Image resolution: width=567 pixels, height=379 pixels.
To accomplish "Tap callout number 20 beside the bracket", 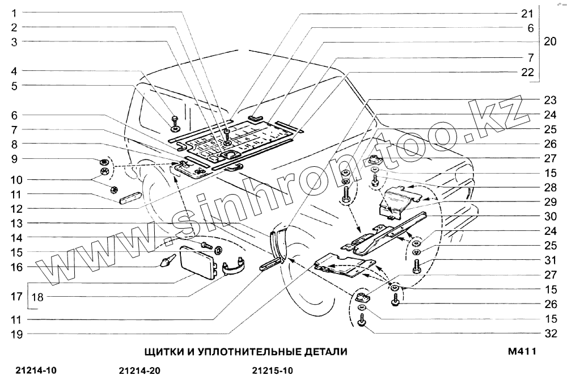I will pyautogui.click(x=550, y=42).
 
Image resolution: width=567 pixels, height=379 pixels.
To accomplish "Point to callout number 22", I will pyautogui.click(x=527, y=72).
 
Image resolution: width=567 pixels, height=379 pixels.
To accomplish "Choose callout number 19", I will pyautogui.click(x=16, y=334).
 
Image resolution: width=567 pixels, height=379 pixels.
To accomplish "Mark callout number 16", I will pyautogui.click(x=16, y=266).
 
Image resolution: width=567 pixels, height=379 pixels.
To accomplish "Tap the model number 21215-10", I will pyautogui.click(x=272, y=372).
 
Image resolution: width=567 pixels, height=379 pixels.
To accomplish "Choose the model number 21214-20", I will pyautogui.click(x=141, y=372).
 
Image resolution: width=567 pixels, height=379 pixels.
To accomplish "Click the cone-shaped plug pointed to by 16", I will pyautogui.click(x=166, y=262).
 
